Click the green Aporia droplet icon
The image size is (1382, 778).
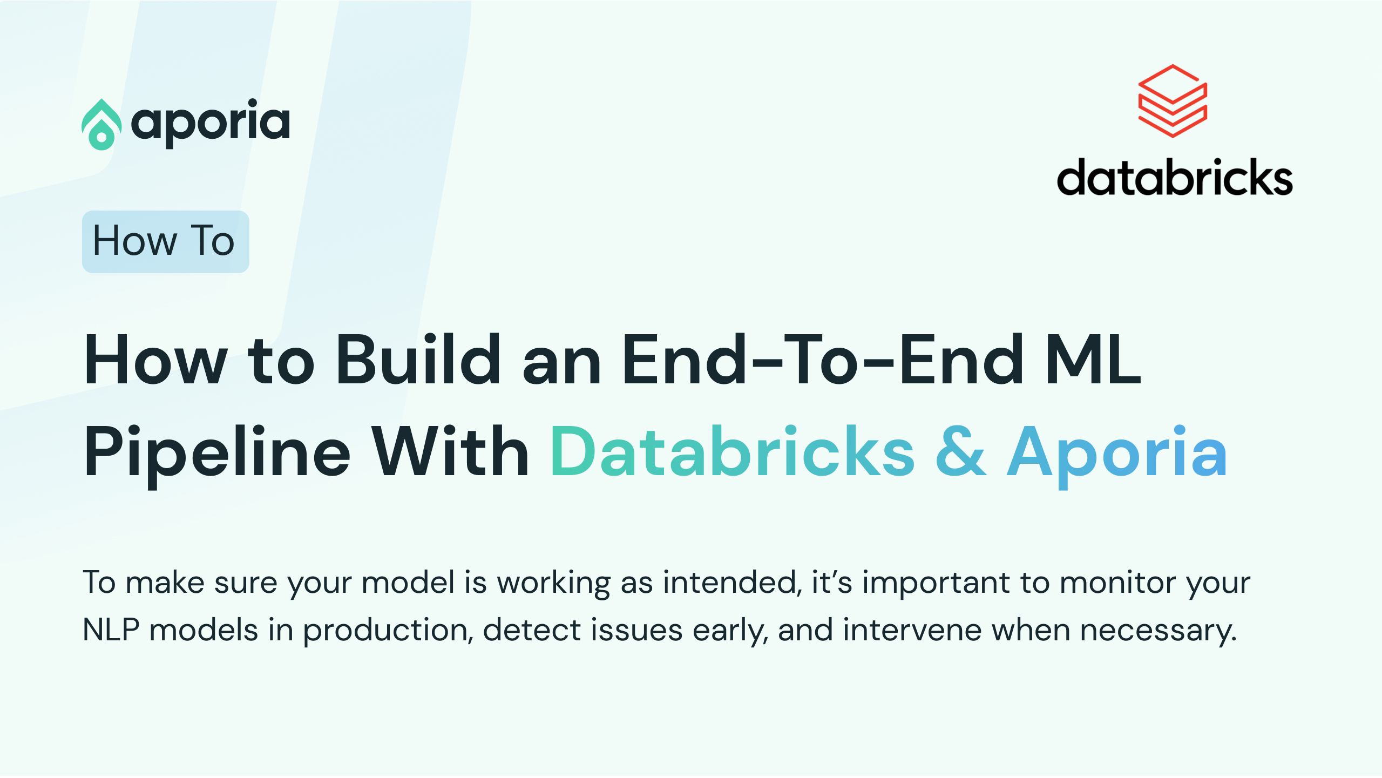pos(101,125)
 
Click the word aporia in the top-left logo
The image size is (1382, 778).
pos(211,123)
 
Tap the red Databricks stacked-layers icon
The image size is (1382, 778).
pos(1173,101)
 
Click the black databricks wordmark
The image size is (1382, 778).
pos(1175,177)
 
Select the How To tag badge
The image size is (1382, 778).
pos(165,241)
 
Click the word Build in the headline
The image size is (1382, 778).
pos(418,359)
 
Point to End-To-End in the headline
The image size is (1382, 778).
pos(823,359)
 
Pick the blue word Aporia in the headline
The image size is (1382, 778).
pos(1117,455)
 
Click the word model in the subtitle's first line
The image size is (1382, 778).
pos(408,583)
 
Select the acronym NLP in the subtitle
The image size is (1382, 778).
pos(111,630)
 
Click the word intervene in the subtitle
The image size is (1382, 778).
pos(912,631)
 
